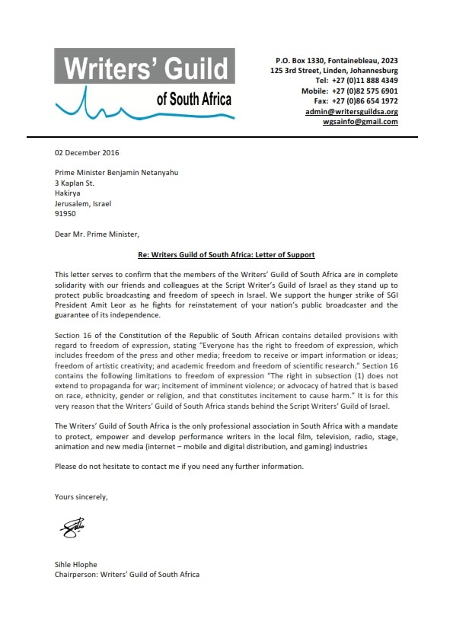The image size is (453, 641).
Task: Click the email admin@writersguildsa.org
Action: tap(351, 111)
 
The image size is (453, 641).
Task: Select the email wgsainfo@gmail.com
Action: tap(360, 122)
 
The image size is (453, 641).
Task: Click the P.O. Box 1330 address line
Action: tap(336, 59)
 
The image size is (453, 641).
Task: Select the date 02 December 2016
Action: tap(87, 153)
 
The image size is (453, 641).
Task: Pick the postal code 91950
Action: tap(65, 214)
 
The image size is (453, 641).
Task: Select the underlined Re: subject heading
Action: tap(226, 254)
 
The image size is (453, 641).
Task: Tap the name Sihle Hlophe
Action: tap(76, 564)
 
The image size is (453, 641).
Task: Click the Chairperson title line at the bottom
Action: tap(126, 574)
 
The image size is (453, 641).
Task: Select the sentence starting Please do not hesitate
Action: tap(179, 466)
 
